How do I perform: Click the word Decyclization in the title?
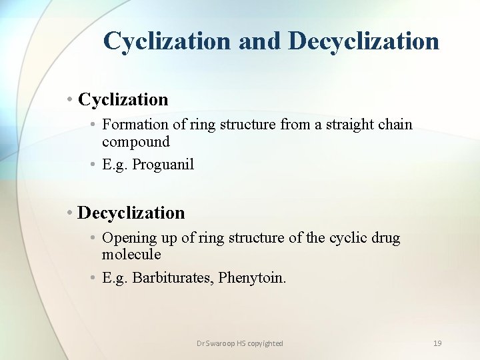point(364,41)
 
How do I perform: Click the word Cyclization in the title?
point(167,41)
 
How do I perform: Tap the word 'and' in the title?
point(260,41)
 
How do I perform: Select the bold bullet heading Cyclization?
point(123,100)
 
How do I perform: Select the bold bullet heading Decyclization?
point(131,213)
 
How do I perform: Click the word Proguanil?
point(163,165)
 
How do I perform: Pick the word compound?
point(136,141)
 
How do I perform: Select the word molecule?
point(131,255)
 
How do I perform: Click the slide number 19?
point(437,343)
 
